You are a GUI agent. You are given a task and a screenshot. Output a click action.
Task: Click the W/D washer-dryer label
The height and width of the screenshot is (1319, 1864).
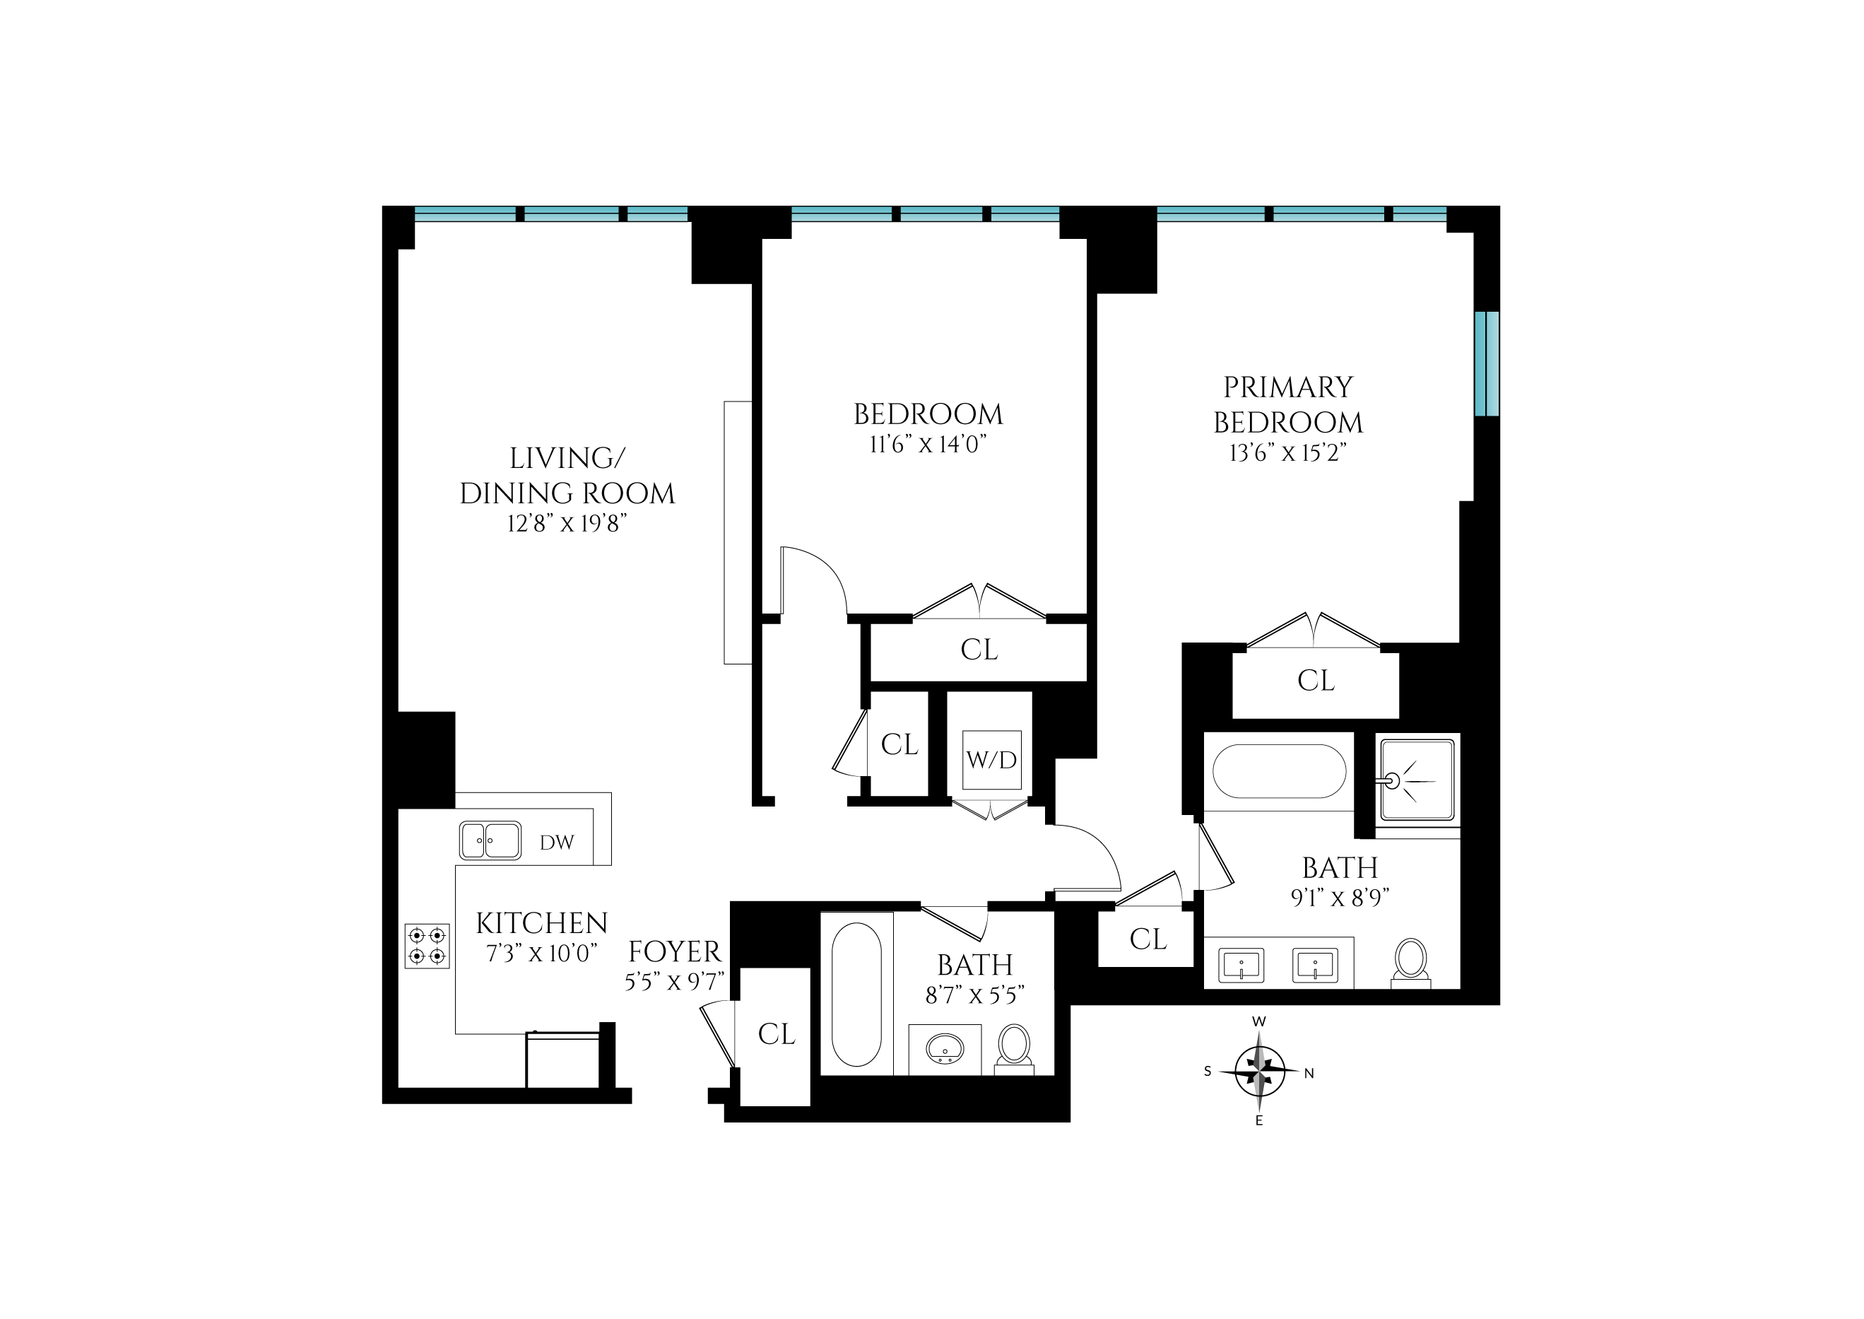(991, 760)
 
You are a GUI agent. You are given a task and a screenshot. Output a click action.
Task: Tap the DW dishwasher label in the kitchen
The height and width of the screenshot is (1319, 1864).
(557, 843)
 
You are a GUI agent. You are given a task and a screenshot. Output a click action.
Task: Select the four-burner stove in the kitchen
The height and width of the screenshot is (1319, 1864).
(427, 946)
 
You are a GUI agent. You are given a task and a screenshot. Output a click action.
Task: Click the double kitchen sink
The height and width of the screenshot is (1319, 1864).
(490, 840)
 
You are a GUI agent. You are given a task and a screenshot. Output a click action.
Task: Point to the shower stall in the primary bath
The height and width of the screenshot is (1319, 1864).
(1417, 780)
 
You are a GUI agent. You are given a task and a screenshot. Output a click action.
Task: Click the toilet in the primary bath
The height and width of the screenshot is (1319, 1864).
(1411, 963)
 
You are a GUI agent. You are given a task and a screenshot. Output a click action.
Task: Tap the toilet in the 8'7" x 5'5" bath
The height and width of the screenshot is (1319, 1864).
(1014, 1050)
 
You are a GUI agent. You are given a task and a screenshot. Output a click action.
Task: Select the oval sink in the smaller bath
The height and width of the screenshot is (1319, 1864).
(945, 1048)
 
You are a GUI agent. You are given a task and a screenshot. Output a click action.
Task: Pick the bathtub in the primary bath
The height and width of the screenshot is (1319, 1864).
(1280, 770)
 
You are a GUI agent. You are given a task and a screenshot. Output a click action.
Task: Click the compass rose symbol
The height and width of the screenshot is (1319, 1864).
(1259, 1072)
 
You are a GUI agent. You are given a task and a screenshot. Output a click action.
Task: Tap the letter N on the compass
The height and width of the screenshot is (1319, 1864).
(1309, 1074)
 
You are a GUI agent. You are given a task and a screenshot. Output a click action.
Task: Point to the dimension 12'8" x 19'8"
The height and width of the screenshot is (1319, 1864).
(567, 524)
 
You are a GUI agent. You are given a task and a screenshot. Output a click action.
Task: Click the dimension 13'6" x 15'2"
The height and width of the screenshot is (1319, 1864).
(1287, 453)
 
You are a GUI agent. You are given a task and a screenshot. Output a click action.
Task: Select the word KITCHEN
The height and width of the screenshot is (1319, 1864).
(541, 923)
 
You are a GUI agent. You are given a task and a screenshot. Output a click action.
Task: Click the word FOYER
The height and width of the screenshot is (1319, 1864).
(674, 952)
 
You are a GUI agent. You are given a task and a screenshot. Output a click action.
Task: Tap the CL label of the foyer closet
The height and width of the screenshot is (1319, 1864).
(776, 1034)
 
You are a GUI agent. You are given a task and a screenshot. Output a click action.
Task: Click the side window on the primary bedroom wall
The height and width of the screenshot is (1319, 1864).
(1487, 364)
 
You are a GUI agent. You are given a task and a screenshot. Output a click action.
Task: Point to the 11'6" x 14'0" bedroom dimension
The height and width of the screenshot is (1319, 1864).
(927, 445)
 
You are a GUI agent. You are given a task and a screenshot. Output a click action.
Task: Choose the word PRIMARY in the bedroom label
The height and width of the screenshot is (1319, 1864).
(1287, 387)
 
